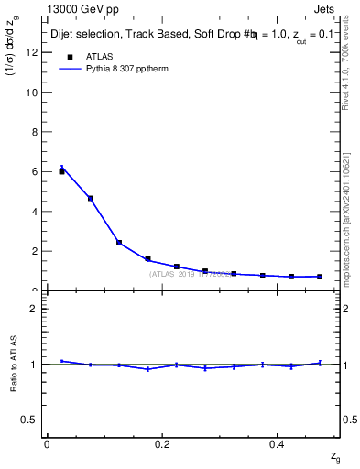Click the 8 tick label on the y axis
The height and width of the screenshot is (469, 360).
(x=33, y=132)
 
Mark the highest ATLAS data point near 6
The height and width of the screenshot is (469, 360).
(x=61, y=171)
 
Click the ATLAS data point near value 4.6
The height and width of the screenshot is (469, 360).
(x=90, y=199)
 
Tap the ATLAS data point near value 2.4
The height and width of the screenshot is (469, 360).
(x=119, y=242)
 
